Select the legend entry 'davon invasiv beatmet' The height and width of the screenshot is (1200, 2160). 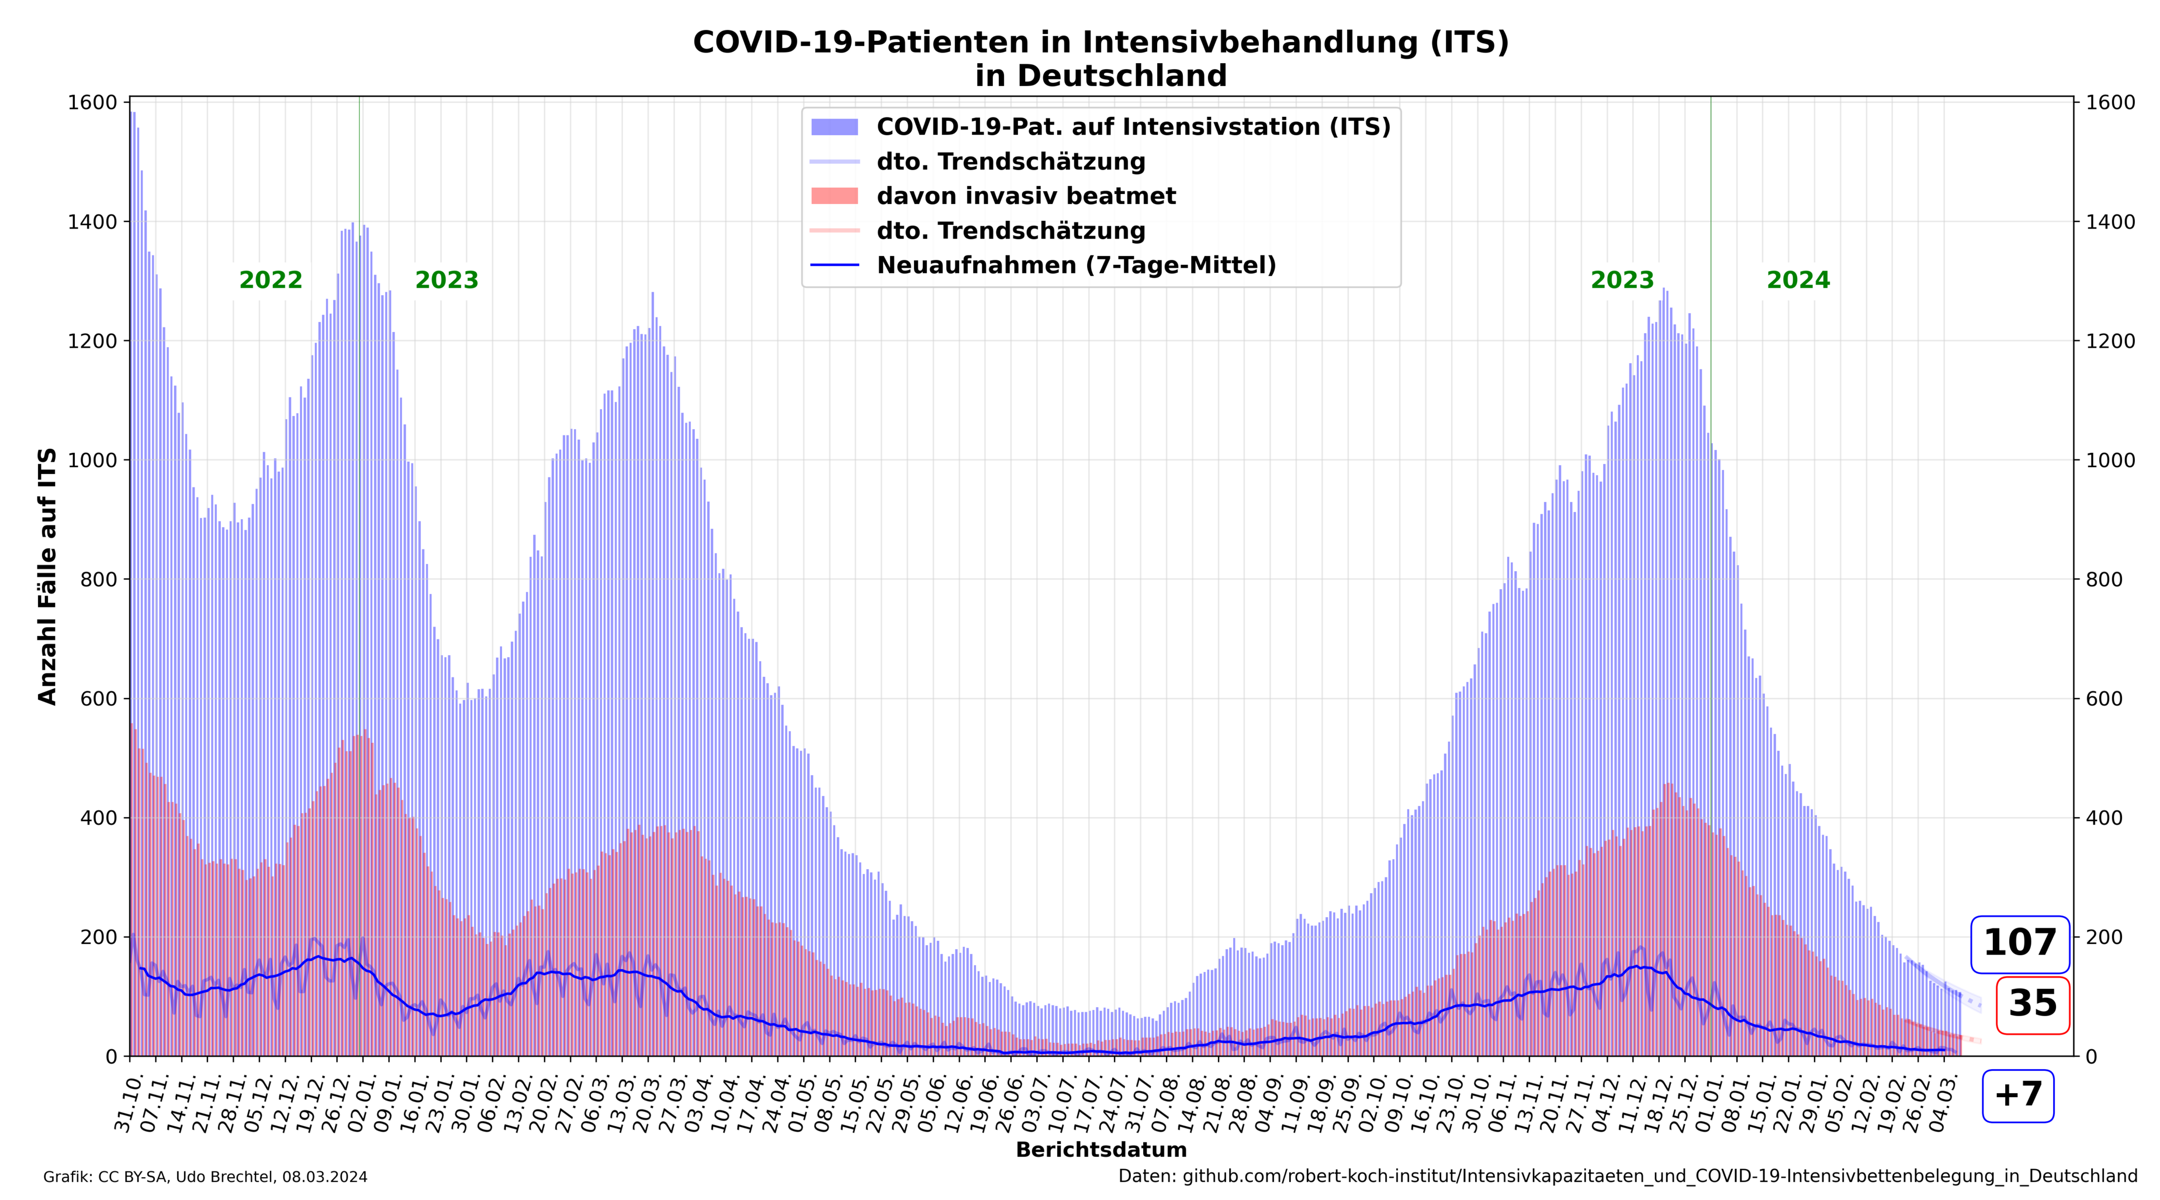point(1025,196)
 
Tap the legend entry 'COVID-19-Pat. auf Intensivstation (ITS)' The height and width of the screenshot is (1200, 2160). point(1133,127)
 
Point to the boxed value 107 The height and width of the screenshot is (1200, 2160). point(2019,943)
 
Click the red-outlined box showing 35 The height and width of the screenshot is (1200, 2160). point(2033,1004)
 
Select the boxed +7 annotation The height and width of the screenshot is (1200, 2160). point(2017,1095)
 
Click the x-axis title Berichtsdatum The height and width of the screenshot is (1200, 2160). point(1101,1150)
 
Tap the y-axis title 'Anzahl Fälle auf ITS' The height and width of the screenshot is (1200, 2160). point(48,576)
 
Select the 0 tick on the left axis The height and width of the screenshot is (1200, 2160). point(112,1056)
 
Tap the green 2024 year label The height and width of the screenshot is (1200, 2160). point(1798,280)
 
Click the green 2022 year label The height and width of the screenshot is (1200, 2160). point(270,280)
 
